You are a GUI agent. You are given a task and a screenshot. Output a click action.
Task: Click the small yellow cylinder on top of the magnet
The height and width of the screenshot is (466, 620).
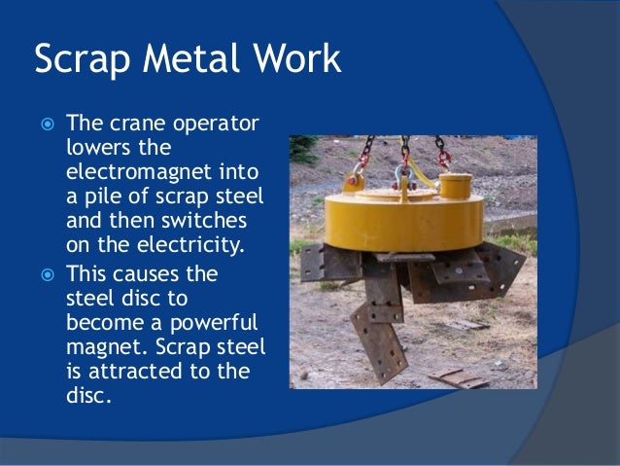455,184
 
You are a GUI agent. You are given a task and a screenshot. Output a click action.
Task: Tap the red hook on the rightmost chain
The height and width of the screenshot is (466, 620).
443,156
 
